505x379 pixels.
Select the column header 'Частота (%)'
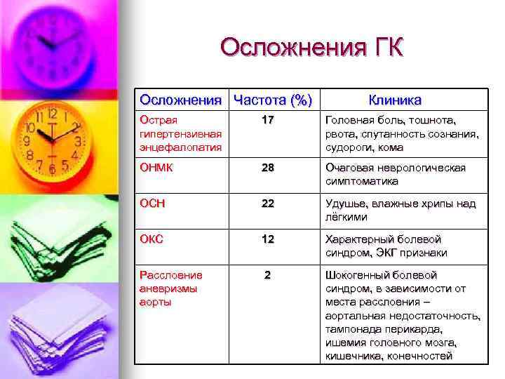tap(272, 100)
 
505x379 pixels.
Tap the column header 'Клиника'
tap(395, 100)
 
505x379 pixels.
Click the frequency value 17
tap(267, 121)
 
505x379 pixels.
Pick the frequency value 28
tap(267, 168)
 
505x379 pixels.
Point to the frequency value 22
tap(267, 204)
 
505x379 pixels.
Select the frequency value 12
tap(267, 239)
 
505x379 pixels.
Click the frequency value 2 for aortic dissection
tap(267, 274)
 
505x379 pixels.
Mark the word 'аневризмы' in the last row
tap(168, 288)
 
